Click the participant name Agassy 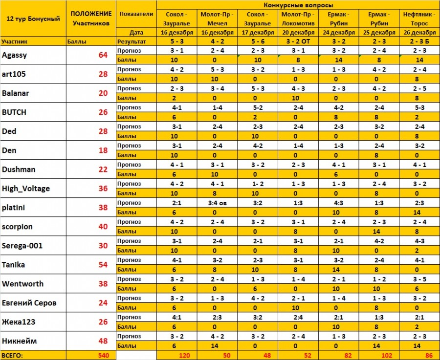pyautogui.click(x=15, y=55)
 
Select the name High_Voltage pyautogui.click(x=26, y=189)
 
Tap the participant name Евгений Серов pyautogui.click(x=29, y=303)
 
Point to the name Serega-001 pyautogui.click(x=22, y=246)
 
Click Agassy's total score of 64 pyautogui.click(x=103, y=55)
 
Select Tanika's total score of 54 pyautogui.click(x=103, y=265)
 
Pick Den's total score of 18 pyautogui.click(x=103, y=150)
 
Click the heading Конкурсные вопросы pyautogui.click(x=298, y=4)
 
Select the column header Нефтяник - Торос pyautogui.click(x=419, y=19)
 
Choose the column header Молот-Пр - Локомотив pyautogui.click(x=298, y=19)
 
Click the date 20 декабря pyautogui.click(x=298, y=33)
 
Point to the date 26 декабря pyautogui.click(x=419, y=33)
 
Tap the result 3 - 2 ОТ pyautogui.click(x=298, y=42)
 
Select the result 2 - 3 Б pyautogui.click(x=419, y=42)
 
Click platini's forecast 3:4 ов pyautogui.click(x=216, y=203)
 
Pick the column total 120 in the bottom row pyautogui.click(x=184, y=356)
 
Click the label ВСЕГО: pyautogui.click(x=13, y=356)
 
